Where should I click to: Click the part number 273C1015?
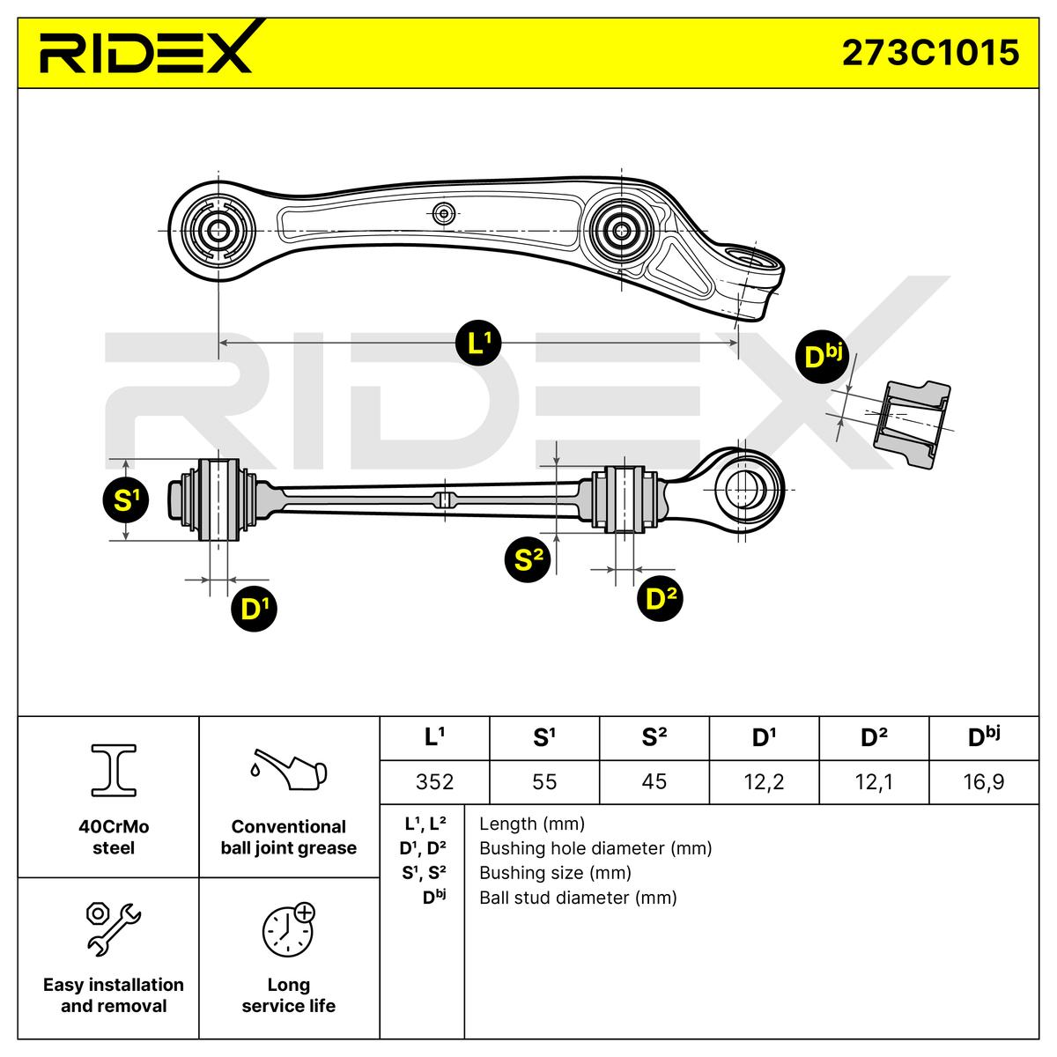click(x=930, y=53)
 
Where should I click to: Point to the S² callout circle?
click(x=527, y=558)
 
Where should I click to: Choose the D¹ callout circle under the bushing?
click(x=254, y=608)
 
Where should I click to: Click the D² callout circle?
click(x=660, y=598)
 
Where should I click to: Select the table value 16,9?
click(x=983, y=781)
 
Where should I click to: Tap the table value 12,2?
click(x=764, y=781)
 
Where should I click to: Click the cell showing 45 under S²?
click(x=654, y=781)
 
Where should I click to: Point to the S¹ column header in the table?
click(x=544, y=737)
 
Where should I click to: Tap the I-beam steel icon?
click(x=114, y=770)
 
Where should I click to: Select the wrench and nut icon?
click(x=113, y=928)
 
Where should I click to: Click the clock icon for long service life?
click(x=288, y=928)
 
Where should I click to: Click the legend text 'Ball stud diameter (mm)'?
click(x=578, y=898)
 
